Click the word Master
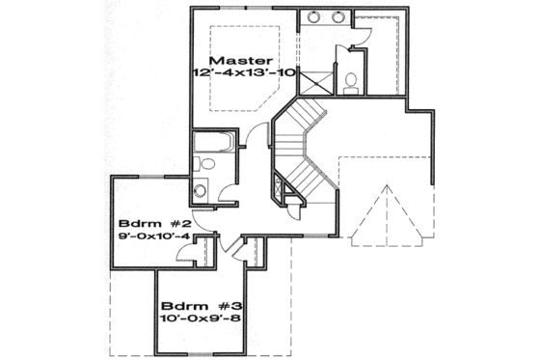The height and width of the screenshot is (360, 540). pos(238,57)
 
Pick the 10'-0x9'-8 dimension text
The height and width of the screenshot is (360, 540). pos(198,314)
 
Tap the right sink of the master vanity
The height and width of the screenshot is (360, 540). pos(338,17)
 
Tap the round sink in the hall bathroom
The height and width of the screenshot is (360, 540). pos(202,188)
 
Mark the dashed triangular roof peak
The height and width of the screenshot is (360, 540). pos(387,217)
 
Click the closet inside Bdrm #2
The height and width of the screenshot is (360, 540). pos(202,253)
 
